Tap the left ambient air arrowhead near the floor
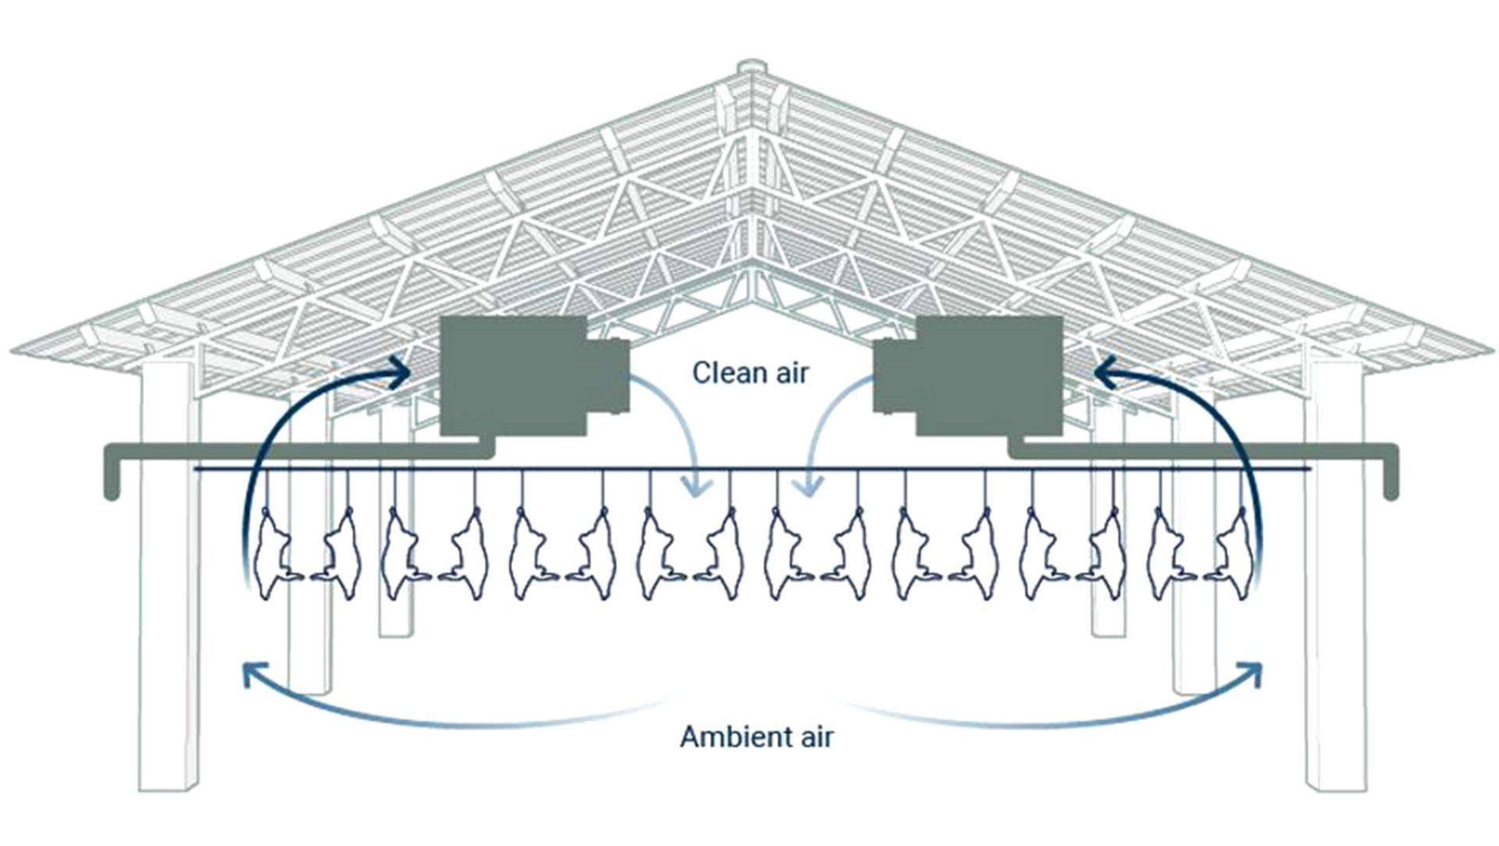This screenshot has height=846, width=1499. point(252,673)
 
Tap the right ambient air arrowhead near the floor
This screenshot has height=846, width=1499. point(1251,673)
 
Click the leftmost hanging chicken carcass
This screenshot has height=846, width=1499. point(274,552)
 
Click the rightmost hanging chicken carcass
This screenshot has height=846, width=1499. point(1232,552)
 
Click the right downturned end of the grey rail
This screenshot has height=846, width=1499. point(1390,477)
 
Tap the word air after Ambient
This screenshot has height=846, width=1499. point(816,737)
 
